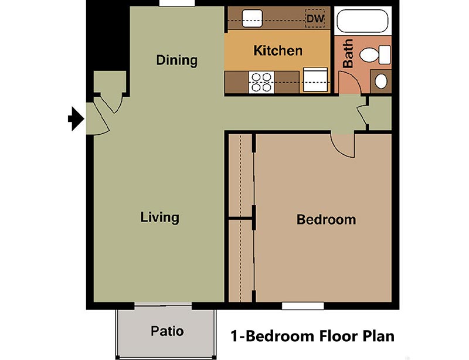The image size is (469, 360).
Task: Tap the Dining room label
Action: pos(176,60)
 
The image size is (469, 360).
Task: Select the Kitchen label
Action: pos(278,50)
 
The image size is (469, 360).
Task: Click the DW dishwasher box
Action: pos(315,19)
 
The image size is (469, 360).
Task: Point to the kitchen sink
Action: pos(254,18)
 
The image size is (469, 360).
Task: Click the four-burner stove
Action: pos(261,82)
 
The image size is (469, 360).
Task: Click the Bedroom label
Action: pos(326,220)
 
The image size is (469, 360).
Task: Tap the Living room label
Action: pos(159,218)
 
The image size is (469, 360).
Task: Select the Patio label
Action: pos(166,331)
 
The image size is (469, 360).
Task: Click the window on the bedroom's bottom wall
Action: pos(303,305)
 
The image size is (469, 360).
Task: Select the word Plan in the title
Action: pos(376,337)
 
